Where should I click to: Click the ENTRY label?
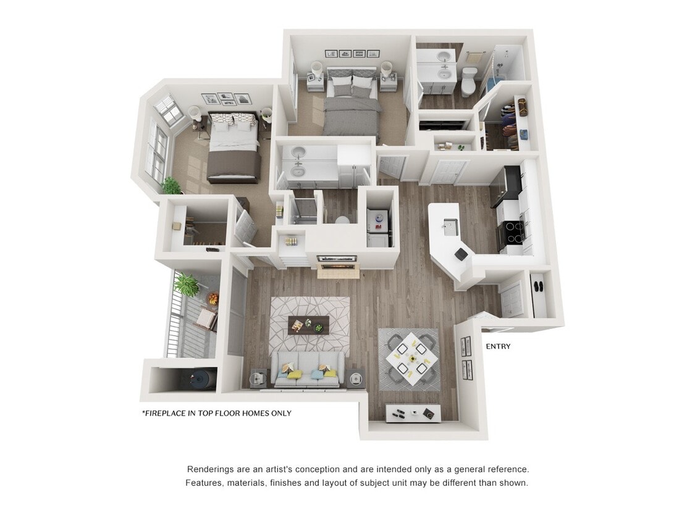(x=498, y=346)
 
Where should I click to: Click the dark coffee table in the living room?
(x=309, y=323)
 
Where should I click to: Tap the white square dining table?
(x=409, y=359)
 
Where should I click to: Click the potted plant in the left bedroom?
(x=171, y=185)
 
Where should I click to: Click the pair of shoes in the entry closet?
(x=538, y=286)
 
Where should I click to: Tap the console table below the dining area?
(x=413, y=412)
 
